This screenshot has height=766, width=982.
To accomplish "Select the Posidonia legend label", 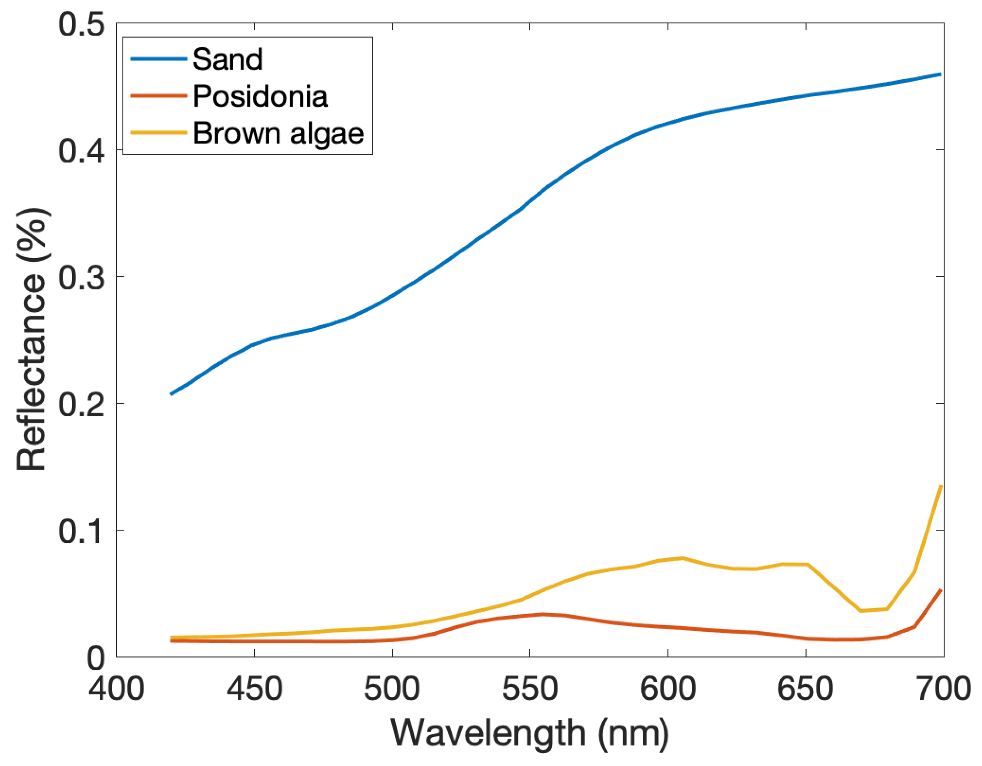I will (x=260, y=96).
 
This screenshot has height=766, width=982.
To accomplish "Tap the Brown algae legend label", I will (x=278, y=133).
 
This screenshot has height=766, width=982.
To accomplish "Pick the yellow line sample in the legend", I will (x=158, y=133).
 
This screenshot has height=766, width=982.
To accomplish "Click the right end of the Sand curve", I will (x=940, y=74).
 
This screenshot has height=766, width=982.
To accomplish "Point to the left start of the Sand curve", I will (x=171, y=393).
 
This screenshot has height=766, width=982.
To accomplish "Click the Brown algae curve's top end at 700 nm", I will (x=940, y=487).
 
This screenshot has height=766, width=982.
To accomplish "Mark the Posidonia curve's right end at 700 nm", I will (x=940, y=590).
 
